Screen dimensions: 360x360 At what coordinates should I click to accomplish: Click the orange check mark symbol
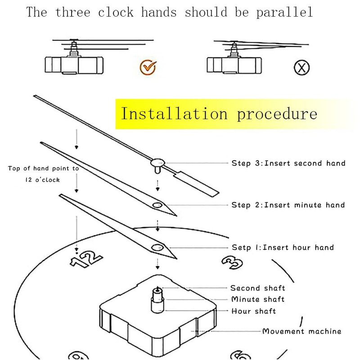click(147, 67)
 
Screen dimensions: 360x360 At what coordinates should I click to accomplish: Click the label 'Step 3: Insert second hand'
click(288, 163)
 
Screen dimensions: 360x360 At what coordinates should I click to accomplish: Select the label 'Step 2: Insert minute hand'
click(288, 205)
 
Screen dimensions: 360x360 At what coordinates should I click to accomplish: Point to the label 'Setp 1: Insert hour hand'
click(283, 247)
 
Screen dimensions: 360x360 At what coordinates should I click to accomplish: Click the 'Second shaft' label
click(257, 288)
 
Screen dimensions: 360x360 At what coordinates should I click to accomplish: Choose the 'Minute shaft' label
click(257, 299)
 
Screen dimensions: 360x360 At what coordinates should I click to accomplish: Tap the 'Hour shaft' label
click(253, 311)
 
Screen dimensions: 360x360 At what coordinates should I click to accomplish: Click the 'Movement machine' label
click(301, 331)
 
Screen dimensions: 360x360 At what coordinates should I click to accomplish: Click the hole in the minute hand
click(157, 205)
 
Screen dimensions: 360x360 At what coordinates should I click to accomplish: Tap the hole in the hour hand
click(157, 247)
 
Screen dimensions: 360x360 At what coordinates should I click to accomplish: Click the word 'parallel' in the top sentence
click(284, 12)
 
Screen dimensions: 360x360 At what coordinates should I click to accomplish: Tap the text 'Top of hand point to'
click(43, 168)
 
